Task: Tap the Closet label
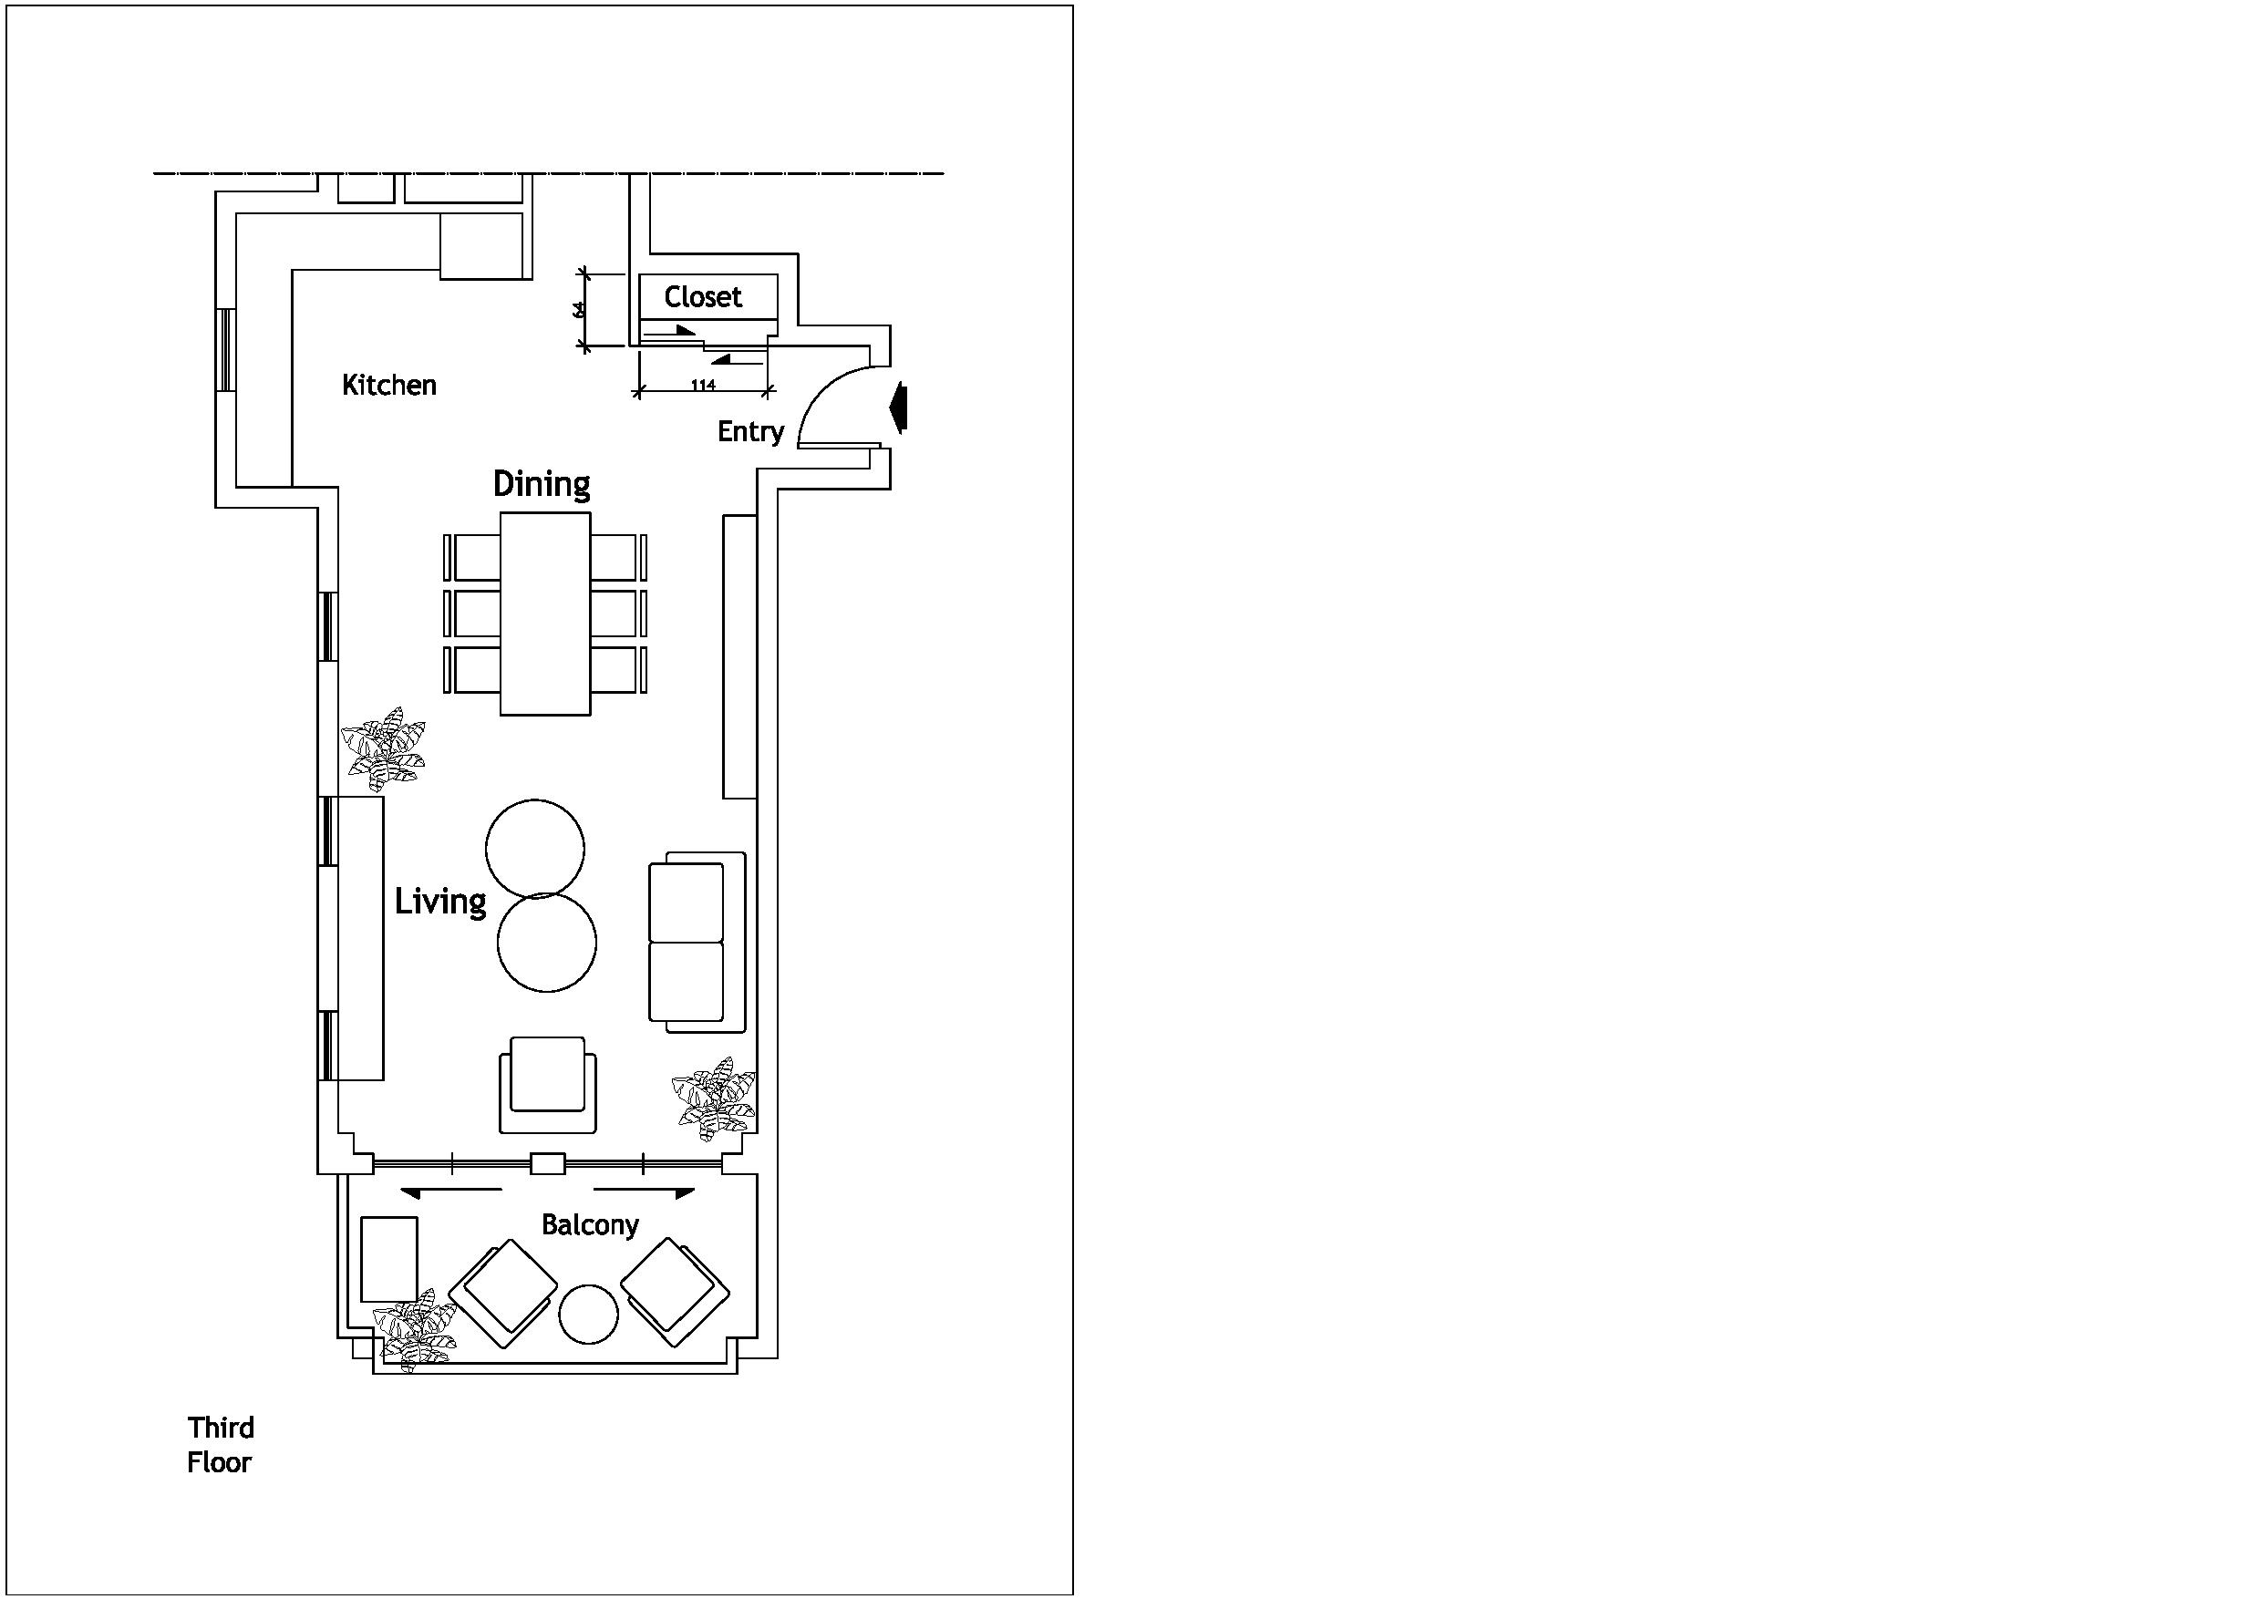tap(702, 296)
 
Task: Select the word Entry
tap(750, 431)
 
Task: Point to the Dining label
tap(542, 484)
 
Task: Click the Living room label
tap(440, 902)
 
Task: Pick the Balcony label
tap(590, 1224)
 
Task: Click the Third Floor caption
tap(221, 1444)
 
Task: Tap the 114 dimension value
tap(702, 386)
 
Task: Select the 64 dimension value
tap(578, 309)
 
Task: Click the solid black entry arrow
tap(897, 407)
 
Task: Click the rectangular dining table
tap(546, 613)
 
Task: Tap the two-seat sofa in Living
tap(697, 942)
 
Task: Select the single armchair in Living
tap(548, 1085)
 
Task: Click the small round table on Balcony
tap(588, 1315)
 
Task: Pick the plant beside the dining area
tap(383, 748)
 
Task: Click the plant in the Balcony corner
tap(415, 1330)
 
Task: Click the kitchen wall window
tap(225, 350)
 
